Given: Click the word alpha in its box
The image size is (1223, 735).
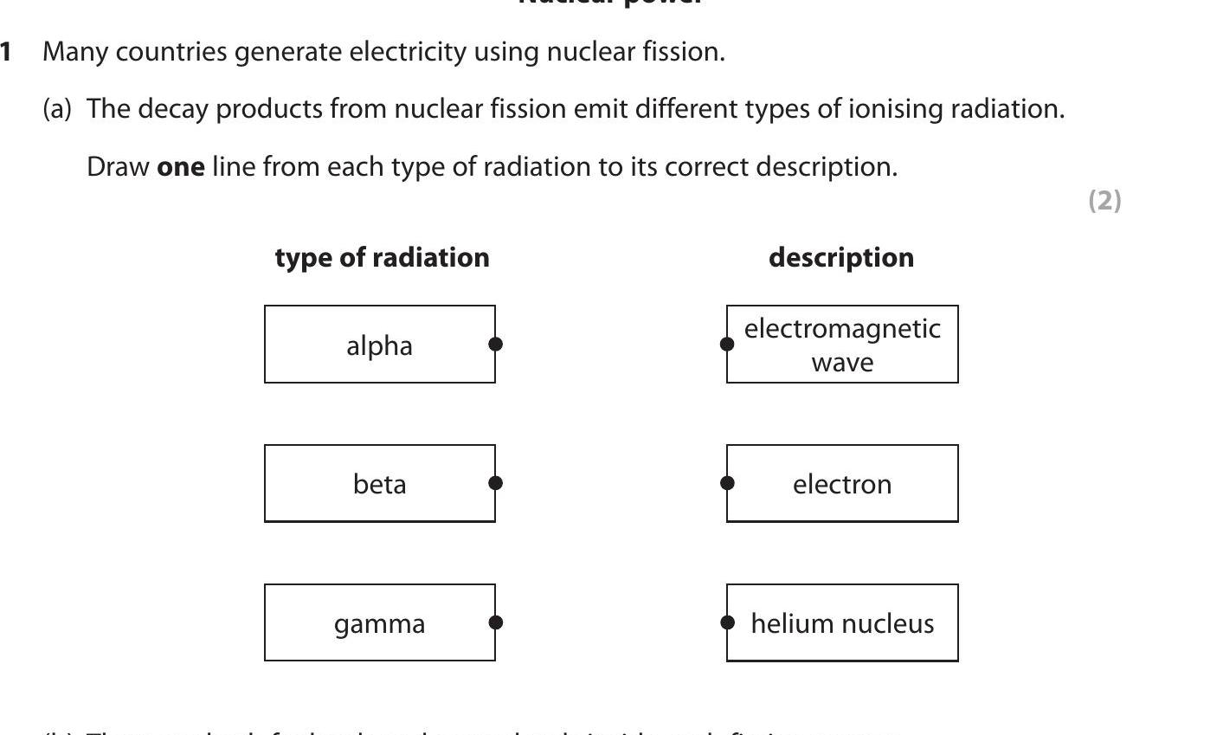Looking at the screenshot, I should click(379, 346).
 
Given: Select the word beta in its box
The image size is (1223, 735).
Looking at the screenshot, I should click(379, 484).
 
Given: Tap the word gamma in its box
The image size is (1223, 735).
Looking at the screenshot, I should click(379, 624).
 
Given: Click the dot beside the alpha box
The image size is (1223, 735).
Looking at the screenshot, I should click(496, 344).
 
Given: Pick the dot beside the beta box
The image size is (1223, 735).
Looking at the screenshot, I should click(496, 483).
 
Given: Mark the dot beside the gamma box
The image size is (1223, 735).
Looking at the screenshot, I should click(496, 622).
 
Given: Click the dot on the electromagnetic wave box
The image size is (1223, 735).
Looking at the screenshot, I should click(727, 344).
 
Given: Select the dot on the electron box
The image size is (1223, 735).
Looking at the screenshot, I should click(727, 483).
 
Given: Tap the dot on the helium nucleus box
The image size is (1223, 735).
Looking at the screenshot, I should click(727, 622).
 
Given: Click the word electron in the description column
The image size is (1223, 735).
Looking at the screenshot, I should click(842, 484).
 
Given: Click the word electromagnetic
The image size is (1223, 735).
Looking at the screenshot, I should click(842, 329).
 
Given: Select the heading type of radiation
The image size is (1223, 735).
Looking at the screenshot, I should click(382, 258).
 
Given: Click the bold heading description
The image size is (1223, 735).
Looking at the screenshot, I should click(840, 258).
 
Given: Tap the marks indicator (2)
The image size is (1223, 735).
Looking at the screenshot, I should click(1104, 200).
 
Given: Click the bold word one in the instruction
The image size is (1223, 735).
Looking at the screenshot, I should click(180, 166).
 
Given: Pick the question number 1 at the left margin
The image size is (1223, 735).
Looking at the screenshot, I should click(6, 52).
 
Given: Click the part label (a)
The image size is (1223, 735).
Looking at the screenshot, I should click(57, 109).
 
